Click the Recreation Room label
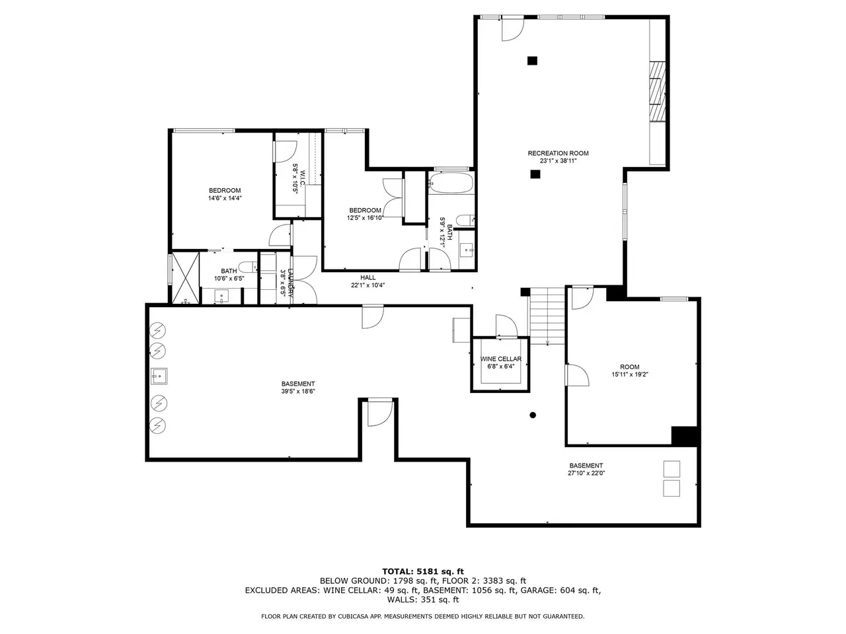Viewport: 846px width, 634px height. (x=558, y=153)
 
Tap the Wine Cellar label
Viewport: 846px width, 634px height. (x=501, y=359)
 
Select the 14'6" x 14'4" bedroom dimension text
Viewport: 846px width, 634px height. (x=225, y=198)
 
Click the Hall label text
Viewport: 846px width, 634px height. (x=367, y=277)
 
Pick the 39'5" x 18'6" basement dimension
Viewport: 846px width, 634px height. (x=298, y=392)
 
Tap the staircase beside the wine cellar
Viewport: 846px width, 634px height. (x=547, y=316)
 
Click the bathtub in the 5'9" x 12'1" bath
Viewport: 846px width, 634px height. (x=451, y=183)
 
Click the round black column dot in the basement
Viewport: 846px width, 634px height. (x=533, y=415)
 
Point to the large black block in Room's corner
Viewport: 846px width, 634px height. (x=685, y=436)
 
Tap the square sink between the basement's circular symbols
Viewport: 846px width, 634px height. (x=159, y=376)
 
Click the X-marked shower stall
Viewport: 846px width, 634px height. (x=185, y=277)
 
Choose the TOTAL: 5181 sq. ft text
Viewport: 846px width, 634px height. (x=423, y=572)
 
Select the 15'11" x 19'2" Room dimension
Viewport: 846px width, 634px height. (x=630, y=374)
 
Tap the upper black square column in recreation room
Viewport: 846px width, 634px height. (x=532, y=61)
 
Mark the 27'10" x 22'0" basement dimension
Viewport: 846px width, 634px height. (x=586, y=473)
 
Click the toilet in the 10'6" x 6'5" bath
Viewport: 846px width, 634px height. (x=247, y=266)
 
